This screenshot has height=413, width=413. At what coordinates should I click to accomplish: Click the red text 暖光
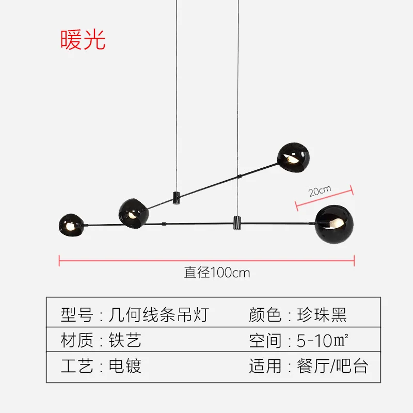(83, 40)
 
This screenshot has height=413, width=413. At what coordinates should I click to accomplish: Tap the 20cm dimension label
(320, 190)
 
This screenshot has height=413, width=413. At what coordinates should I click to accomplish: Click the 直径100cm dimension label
(217, 272)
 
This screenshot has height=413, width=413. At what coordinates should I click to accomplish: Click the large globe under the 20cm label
(334, 224)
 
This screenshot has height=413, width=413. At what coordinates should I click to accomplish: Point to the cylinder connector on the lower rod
(237, 223)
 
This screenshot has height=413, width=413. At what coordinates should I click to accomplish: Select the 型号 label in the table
(76, 314)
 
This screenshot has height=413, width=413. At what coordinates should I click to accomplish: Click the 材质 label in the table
(76, 340)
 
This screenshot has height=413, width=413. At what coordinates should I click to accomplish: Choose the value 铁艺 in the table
(124, 340)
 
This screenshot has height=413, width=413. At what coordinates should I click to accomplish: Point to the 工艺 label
(76, 366)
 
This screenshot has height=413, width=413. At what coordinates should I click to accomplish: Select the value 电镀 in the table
(124, 366)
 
